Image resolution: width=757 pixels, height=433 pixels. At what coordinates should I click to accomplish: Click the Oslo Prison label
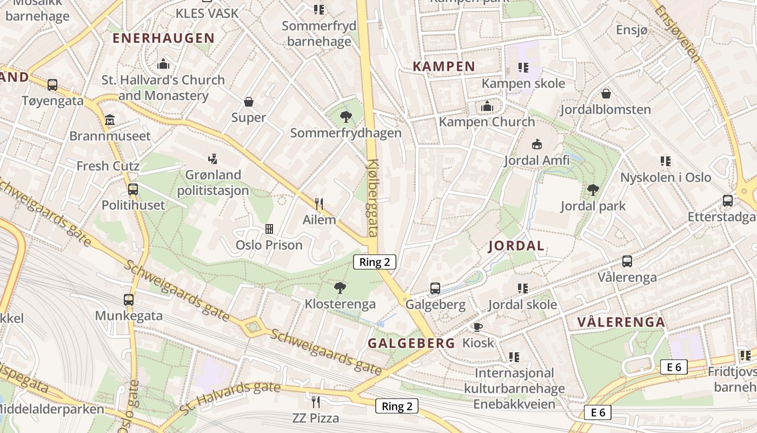(269, 245)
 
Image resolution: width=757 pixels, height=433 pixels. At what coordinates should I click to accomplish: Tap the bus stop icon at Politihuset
(133, 189)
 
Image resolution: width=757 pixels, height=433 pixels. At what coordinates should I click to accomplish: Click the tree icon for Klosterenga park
(340, 287)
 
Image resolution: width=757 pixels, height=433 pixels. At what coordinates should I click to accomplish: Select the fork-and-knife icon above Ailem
(319, 204)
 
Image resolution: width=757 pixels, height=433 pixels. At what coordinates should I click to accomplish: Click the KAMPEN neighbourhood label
(444, 67)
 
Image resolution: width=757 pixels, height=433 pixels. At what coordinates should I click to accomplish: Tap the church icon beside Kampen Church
(487, 107)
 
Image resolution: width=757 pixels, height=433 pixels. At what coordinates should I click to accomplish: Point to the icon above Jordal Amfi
(536, 145)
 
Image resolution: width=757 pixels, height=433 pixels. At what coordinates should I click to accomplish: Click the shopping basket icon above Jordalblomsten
(606, 94)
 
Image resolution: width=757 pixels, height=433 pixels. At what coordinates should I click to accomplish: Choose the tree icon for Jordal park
(593, 190)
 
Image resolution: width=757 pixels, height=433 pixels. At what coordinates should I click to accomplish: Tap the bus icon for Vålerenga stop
(627, 261)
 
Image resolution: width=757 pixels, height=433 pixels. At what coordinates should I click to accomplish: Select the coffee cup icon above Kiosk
(477, 327)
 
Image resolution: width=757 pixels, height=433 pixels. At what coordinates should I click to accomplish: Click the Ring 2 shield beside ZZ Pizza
(397, 406)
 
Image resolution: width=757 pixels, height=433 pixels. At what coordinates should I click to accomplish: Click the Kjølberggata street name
(373, 198)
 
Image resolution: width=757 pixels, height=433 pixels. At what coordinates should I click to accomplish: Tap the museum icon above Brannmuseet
(110, 119)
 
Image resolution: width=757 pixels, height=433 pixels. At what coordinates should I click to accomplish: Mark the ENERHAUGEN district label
(163, 38)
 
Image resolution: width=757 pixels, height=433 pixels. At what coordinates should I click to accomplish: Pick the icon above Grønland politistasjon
(213, 159)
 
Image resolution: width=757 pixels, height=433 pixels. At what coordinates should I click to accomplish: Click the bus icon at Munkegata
(129, 299)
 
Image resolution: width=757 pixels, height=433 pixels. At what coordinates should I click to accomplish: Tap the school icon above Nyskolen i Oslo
(666, 161)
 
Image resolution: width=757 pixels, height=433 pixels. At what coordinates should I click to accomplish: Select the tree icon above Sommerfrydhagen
(346, 116)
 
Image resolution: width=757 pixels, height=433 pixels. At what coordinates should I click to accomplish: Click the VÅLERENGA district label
(621, 322)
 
